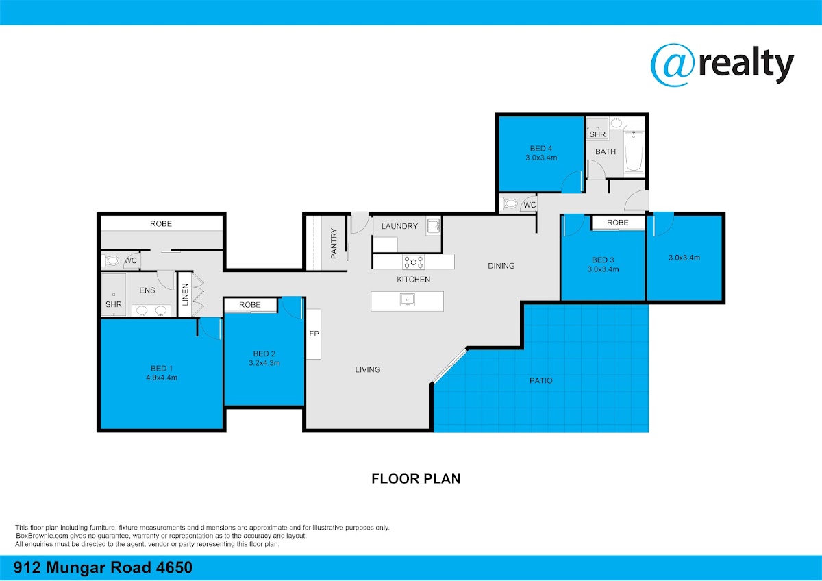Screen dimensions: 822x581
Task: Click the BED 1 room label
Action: (162, 368)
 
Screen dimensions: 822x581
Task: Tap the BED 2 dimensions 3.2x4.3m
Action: (264, 363)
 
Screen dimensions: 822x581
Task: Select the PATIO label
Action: (541, 381)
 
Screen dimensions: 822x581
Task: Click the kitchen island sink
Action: (408, 299)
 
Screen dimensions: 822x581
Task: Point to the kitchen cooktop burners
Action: (414, 262)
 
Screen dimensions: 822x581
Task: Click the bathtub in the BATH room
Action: (634, 151)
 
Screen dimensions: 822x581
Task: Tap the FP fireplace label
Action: (314, 334)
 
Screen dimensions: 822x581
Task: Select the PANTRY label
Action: (334, 243)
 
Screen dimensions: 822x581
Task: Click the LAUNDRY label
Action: (399, 226)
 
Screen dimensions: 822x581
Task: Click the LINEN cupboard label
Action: (186, 295)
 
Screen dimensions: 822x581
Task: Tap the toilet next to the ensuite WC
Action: (110, 260)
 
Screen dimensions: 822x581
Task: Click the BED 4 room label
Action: (541, 148)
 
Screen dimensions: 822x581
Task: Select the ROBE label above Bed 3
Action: (618, 223)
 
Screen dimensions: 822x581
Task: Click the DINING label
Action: (501, 266)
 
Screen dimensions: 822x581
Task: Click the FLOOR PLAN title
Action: (416, 479)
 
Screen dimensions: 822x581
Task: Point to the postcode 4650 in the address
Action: (174, 567)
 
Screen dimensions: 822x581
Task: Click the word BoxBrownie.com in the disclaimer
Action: (42, 536)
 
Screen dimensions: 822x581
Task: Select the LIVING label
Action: (368, 369)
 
